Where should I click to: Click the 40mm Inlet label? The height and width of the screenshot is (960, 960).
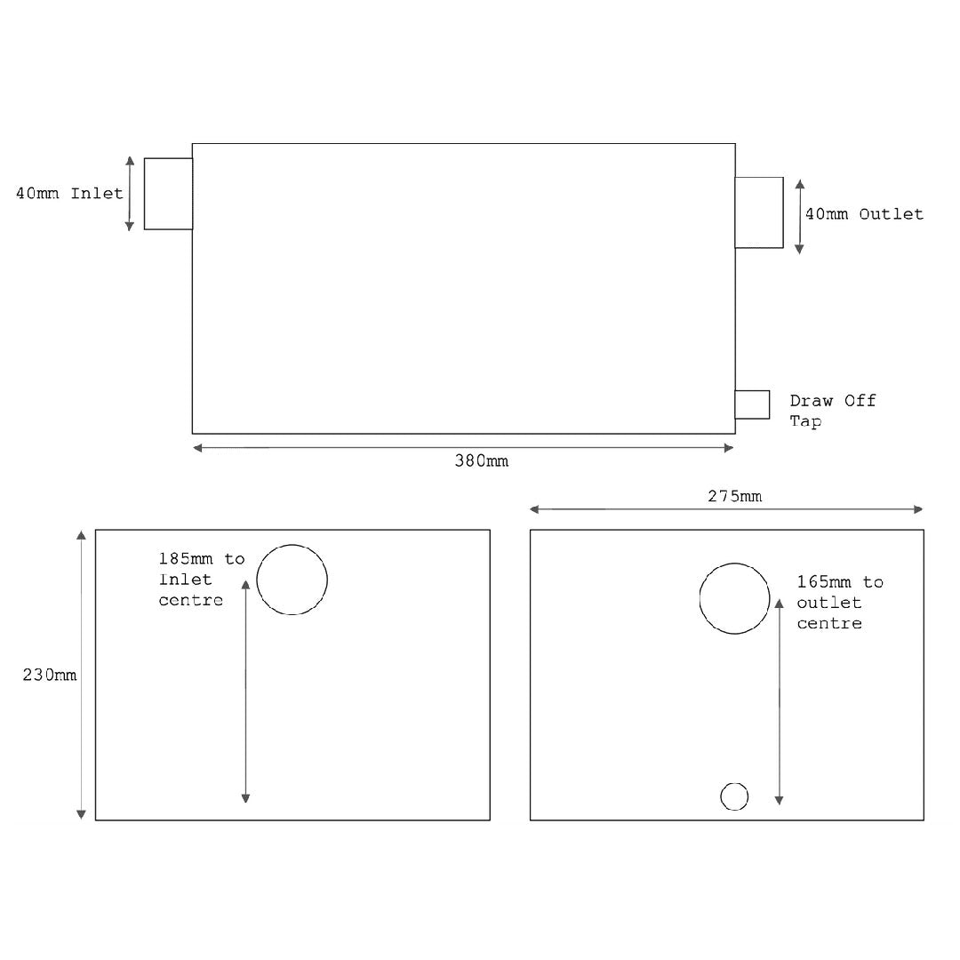pos(69,193)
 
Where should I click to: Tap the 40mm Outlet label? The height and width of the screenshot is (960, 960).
pos(864,214)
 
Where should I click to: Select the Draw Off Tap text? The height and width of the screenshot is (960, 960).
pos(832,411)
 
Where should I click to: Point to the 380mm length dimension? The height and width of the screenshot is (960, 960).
pos(482,461)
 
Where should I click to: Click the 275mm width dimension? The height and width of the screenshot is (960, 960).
pos(734,496)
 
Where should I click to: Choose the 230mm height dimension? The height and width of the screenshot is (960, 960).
pos(50,675)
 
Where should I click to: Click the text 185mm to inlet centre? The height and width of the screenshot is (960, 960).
pos(201,580)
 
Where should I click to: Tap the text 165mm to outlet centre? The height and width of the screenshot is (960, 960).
pos(839,603)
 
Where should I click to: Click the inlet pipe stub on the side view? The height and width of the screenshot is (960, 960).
pos(168,194)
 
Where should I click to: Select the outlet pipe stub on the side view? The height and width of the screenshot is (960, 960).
pos(759,212)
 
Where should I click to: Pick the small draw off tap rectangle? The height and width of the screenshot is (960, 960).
pos(752,404)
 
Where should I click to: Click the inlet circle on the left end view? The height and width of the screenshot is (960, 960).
pos(292,580)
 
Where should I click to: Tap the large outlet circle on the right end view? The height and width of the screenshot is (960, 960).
pos(734,598)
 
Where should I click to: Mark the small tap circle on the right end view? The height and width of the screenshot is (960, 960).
pos(734,796)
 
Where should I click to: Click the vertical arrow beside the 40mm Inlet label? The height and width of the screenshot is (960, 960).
pos(130,194)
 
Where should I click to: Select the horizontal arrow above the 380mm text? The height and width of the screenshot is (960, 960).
pos(463,448)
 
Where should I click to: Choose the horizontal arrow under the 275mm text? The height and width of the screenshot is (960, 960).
pos(726,509)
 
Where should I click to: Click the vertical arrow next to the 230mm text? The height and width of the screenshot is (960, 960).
pos(81,675)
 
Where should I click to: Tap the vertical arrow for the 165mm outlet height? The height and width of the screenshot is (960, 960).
pos(780,702)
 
